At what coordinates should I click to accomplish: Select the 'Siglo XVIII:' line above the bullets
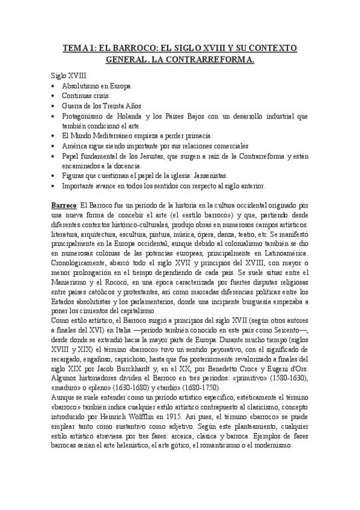point(70,76)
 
